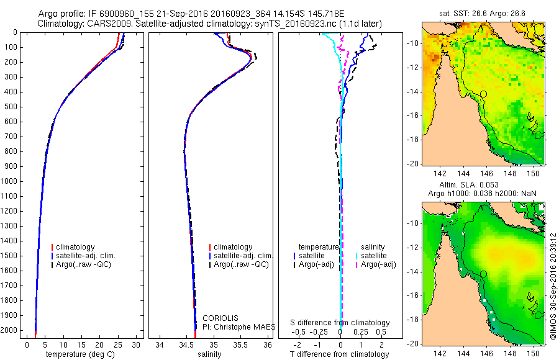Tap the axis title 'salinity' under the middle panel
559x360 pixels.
point(209,354)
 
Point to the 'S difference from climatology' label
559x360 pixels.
point(340,323)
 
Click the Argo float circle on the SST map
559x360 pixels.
point(483,94)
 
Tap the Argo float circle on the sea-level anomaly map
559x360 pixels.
point(483,274)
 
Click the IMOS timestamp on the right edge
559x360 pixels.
point(552,286)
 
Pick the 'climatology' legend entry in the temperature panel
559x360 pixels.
point(75,247)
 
